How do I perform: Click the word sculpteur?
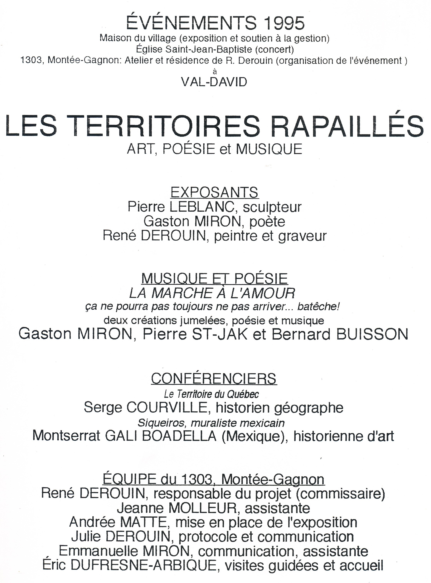coord(272,207)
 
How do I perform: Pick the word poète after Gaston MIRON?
coord(267,222)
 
